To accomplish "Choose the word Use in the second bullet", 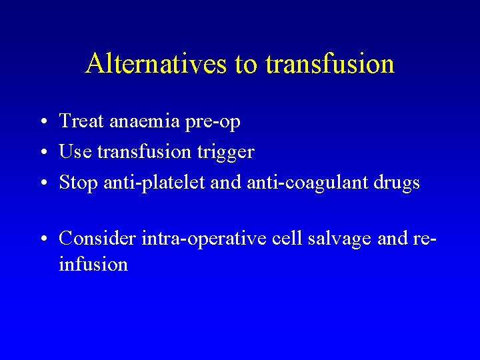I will point(75,152).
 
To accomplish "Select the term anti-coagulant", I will point(305,183).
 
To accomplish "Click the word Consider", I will point(97,238).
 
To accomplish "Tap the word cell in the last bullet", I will point(287,238).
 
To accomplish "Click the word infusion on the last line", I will point(93,265).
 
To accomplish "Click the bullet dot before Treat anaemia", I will point(42,122).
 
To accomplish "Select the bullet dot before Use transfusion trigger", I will point(42,153).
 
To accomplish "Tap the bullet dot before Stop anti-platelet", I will point(42,183).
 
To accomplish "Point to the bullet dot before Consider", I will point(42,239).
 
